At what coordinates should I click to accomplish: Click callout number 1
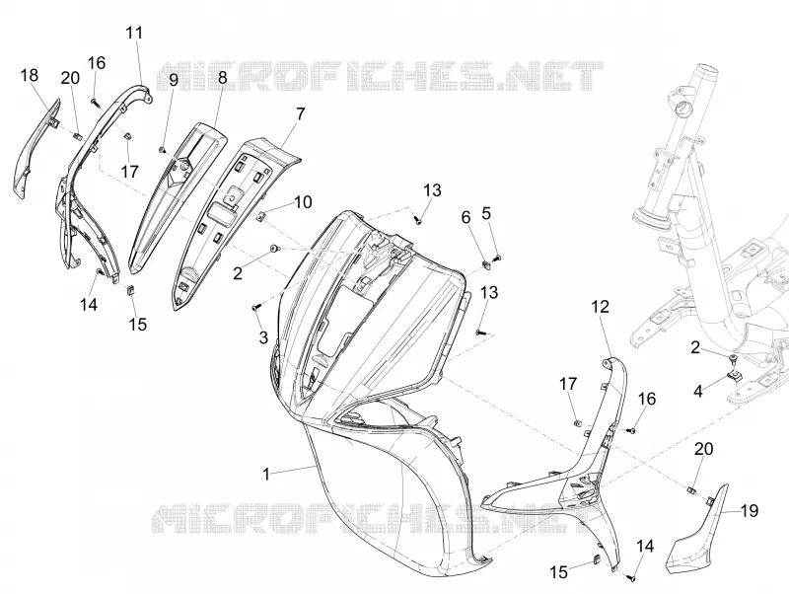[x=266, y=474]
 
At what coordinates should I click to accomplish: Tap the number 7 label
[x=300, y=114]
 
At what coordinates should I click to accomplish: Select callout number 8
[x=223, y=77]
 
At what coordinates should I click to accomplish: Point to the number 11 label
[x=134, y=33]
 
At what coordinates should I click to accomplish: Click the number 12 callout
[x=601, y=306]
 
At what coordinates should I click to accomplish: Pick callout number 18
[x=30, y=75]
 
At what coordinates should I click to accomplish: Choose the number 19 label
[x=750, y=511]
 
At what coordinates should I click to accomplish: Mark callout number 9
[x=174, y=80]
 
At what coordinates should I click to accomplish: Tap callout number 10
[x=303, y=202]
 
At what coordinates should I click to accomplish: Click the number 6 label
[x=466, y=217]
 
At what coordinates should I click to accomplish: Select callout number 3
[x=263, y=337]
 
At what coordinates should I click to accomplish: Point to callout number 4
[x=698, y=391]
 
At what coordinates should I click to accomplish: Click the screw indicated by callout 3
[x=255, y=307]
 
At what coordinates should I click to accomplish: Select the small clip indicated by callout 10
[x=261, y=216]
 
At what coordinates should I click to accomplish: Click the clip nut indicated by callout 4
[x=734, y=375]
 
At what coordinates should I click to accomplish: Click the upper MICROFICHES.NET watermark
[x=380, y=77]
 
